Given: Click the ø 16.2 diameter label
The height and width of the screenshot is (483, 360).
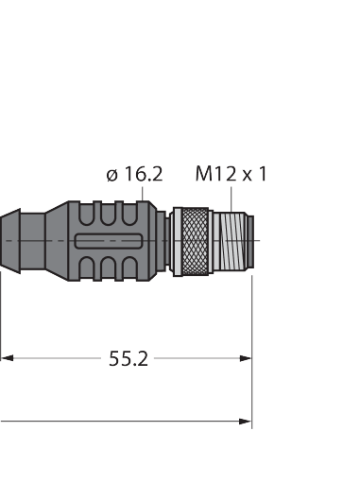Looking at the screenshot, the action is pyautogui.click(x=134, y=174).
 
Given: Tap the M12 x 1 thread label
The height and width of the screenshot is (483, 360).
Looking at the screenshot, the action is pyautogui.click(x=231, y=174).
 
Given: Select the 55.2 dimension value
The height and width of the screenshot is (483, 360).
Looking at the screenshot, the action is pyautogui.click(x=129, y=358).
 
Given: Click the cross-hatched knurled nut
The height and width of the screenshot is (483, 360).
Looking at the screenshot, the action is pyautogui.click(x=196, y=242).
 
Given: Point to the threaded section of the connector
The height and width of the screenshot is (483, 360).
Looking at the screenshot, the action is pyautogui.click(x=229, y=241).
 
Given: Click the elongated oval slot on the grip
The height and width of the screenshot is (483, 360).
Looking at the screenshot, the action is pyautogui.click(x=109, y=241).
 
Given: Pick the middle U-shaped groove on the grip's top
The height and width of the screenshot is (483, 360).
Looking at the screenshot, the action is pyautogui.click(x=108, y=214).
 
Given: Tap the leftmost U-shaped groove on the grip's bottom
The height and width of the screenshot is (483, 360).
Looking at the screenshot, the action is pyautogui.click(x=87, y=268).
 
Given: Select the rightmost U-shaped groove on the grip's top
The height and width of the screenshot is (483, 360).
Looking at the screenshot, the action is pyautogui.click(x=129, y=214).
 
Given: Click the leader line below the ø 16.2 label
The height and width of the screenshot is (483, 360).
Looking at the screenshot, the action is pyautogui.click(x=143, y=194).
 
